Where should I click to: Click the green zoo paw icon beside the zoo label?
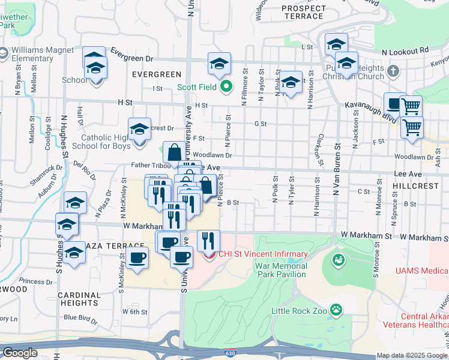point(337,310)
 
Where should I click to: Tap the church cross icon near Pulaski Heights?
point(393,72)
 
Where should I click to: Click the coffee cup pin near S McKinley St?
point(138,259)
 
